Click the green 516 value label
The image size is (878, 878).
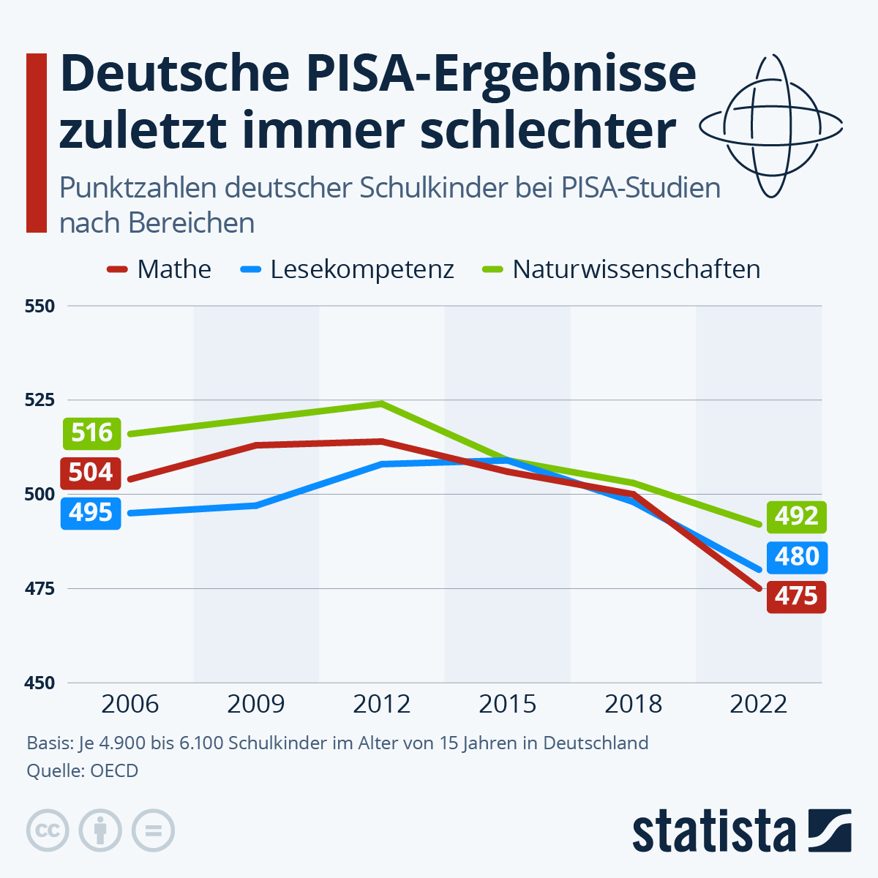91,433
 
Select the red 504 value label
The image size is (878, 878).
91,473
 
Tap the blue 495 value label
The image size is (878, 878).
91,513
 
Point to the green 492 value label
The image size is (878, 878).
797,517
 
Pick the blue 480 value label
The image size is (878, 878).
797,557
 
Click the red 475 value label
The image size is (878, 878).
797,596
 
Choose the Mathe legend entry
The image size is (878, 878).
160,269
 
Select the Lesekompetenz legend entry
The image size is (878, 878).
348,269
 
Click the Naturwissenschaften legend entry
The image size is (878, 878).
622,269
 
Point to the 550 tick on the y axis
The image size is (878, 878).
40,307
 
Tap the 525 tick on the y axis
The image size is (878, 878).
40,400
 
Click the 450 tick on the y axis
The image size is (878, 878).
40,683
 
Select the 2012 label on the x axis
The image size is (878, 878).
381,704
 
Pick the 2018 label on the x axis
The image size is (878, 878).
633,704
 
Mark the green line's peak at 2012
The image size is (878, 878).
381,403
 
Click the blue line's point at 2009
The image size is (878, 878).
256,505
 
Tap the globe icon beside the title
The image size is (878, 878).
771,127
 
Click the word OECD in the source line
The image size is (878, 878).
114,770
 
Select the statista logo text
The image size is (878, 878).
714,831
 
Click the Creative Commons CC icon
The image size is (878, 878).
48,831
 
